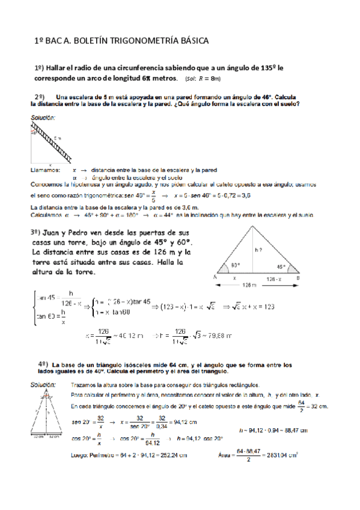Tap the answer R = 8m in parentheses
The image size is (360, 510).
point(209,79)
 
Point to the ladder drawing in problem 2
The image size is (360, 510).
point(50,142)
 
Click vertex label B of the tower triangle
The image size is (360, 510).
point(298,278)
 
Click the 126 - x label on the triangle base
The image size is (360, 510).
point(273,278)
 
